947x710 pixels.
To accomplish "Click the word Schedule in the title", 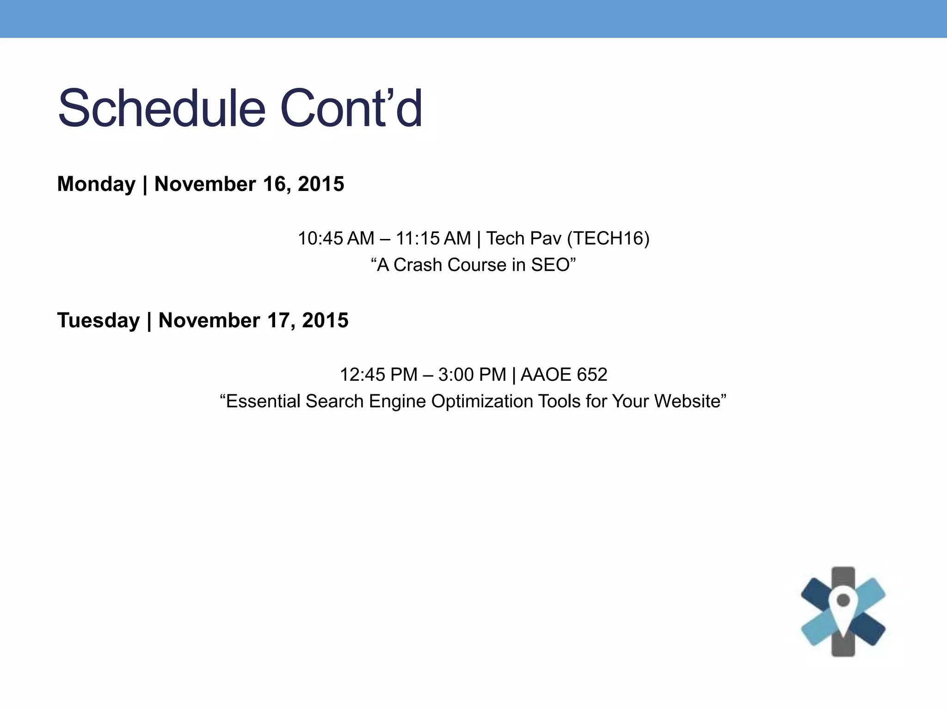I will point(161,109).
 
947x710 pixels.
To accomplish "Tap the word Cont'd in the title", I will point(351,109).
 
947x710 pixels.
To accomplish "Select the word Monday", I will point(96,184).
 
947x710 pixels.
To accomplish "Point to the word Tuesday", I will point(98,320).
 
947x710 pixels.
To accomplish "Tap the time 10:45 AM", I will point(336,239).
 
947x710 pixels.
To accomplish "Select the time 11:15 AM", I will point(433,239).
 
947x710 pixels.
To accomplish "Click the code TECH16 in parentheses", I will point(609,239).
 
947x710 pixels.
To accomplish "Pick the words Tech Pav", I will point(523,239).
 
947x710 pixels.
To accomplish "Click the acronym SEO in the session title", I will point(550,265).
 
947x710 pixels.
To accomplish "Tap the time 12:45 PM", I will point(378,374).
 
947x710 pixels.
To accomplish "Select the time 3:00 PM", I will point(472,374).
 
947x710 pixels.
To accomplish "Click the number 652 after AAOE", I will point(591,374).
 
